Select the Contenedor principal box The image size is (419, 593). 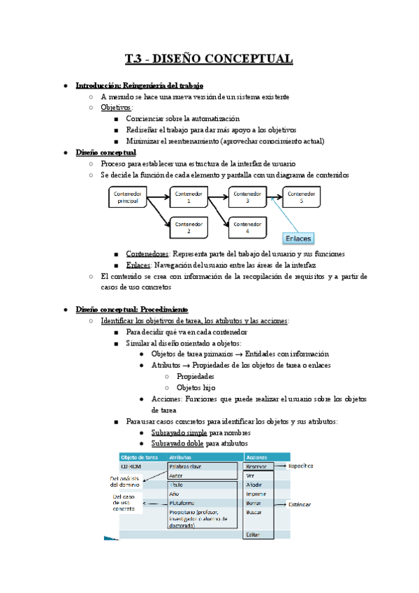128,197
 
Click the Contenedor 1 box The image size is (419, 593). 188,197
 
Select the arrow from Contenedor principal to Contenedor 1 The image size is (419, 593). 159,197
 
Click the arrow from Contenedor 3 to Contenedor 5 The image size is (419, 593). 274,197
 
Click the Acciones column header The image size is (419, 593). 253,457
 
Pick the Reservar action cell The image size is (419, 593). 256,466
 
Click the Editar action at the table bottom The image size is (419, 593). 253,534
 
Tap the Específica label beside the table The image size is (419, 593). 301,466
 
